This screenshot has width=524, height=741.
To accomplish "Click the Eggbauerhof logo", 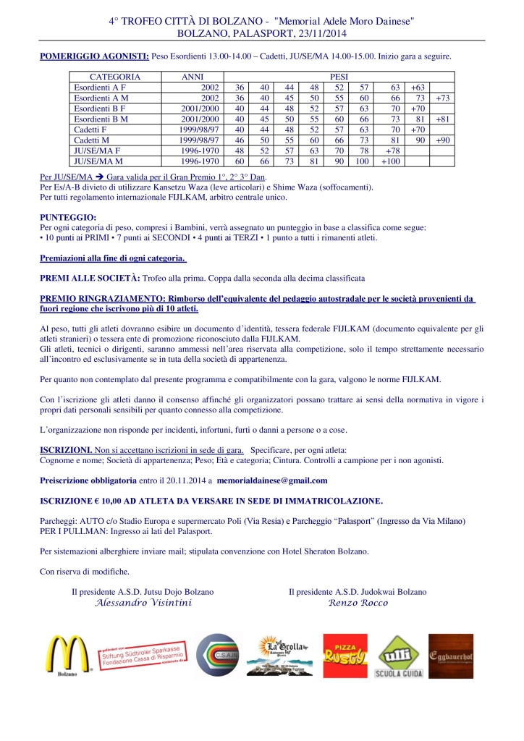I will click(x=451, y=655).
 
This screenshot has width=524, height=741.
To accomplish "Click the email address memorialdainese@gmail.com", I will click(x=279, y=480).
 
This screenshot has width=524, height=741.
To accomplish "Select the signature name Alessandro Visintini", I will click(x=144, y=603).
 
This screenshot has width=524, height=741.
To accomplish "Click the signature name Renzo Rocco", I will click(x=358, y=603).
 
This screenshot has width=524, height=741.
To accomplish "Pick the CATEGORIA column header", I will click(x=115, y=77).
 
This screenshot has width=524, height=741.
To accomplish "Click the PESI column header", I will click(x=339, y=77).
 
